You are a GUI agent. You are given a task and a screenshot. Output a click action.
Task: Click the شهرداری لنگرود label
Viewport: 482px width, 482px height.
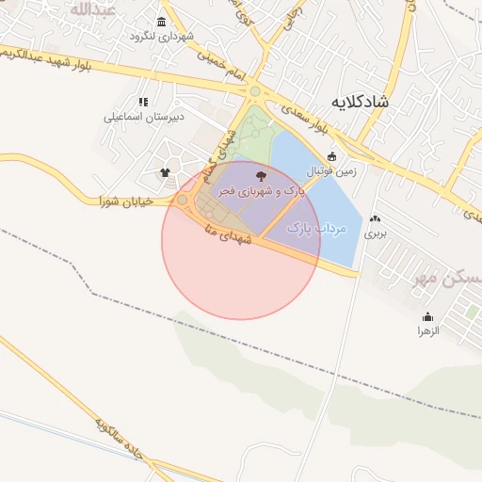coord(163,37)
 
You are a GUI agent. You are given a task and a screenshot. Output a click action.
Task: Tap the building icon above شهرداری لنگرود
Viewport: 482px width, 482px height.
coord(163,22)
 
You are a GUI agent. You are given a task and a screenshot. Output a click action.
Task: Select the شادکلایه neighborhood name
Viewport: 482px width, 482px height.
coord(361,99)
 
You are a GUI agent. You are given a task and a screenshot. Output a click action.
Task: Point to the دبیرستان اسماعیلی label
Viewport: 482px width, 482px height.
coord(143,118)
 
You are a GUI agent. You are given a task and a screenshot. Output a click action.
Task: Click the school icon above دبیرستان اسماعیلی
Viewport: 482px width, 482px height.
coord(143,102)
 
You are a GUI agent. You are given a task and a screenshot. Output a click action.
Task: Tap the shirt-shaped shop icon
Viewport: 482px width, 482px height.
coord(166,172)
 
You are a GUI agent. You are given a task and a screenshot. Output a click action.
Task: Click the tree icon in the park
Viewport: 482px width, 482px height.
coord(261,175)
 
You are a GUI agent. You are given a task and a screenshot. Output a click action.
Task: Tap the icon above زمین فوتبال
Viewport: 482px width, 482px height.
coord(330,157)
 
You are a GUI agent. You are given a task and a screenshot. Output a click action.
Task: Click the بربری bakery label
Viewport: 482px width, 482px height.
coord(376,231)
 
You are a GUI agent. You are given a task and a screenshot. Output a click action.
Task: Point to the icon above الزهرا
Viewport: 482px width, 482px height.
coord(428,316)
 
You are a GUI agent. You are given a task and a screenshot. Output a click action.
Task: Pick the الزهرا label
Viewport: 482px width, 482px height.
coord(428,331)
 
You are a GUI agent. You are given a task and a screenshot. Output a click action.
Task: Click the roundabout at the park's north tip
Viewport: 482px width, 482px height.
coord(254,91)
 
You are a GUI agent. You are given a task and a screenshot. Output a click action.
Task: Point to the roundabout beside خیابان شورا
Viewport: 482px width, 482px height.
coord(182,200)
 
